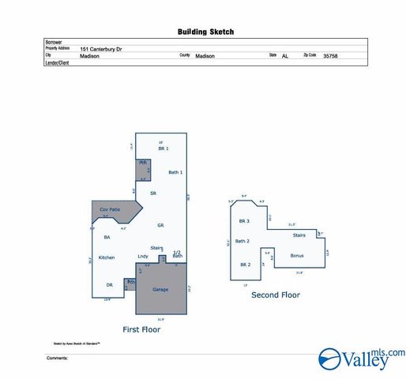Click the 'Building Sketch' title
point(205,32)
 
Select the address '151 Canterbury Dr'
point(106,48)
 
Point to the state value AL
point(285,57)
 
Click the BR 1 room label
point(163,148)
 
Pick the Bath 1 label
point(175,172)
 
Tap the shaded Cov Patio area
point(110,209)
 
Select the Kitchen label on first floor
point(107,257)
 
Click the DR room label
point(109,285)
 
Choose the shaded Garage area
point(160,290)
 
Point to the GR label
point(160,225)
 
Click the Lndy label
point(143,257)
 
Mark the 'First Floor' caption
point(141,329)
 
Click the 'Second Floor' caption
point(276,295)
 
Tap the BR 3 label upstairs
point(244,221)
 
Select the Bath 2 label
point(242,241)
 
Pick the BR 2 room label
point(245,265)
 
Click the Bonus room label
point(297,255)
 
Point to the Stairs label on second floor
point(299,235)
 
